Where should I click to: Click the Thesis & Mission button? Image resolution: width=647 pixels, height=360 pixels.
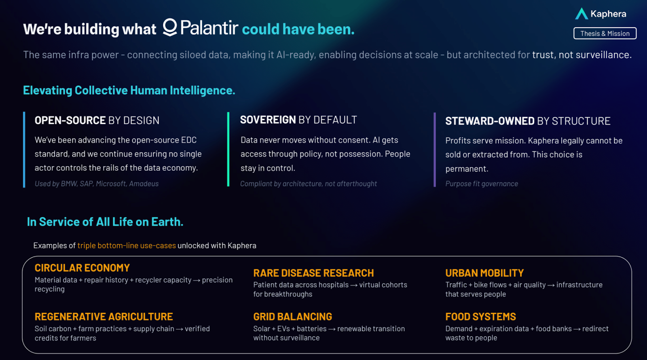click(605, 33)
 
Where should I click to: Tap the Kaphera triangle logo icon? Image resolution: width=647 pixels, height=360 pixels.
click(581, 14)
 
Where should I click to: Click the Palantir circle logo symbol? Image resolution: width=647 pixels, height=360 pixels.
click(170, 28)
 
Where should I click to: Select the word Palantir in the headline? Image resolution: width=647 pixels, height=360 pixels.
click(209, 28)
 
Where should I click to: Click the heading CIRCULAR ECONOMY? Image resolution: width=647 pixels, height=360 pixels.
click(82, 268)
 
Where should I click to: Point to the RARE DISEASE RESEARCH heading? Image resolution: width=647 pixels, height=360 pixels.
click(313, 273)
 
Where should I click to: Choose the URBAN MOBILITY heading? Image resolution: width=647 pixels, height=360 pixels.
click(484, 273)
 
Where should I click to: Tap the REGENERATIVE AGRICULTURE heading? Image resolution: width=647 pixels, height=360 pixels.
click(104, 317)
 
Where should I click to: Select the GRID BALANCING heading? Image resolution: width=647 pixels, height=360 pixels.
click(293, 317)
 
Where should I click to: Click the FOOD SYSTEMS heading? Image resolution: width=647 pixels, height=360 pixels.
click(480, 317)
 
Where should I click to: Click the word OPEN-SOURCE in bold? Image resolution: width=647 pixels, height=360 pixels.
click(70, 120)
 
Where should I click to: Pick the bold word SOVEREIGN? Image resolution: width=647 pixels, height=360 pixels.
click(268, 120)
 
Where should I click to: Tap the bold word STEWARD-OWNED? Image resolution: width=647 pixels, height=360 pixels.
click(490, 121)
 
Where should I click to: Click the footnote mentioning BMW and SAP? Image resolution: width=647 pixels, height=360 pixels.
click(97, 184)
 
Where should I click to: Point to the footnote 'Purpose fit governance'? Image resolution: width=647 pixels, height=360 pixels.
click(482, 184)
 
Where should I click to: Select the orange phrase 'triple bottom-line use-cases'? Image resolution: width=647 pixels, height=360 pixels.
click(127, 246)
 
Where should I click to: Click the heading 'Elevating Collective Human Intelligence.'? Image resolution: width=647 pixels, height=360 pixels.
click(129, 91)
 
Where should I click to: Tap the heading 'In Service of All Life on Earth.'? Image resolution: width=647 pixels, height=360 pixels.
click(105, 222)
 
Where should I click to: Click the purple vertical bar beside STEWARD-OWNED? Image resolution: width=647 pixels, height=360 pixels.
click(434, 150)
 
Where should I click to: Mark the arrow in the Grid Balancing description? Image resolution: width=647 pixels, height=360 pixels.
click(332, 329)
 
